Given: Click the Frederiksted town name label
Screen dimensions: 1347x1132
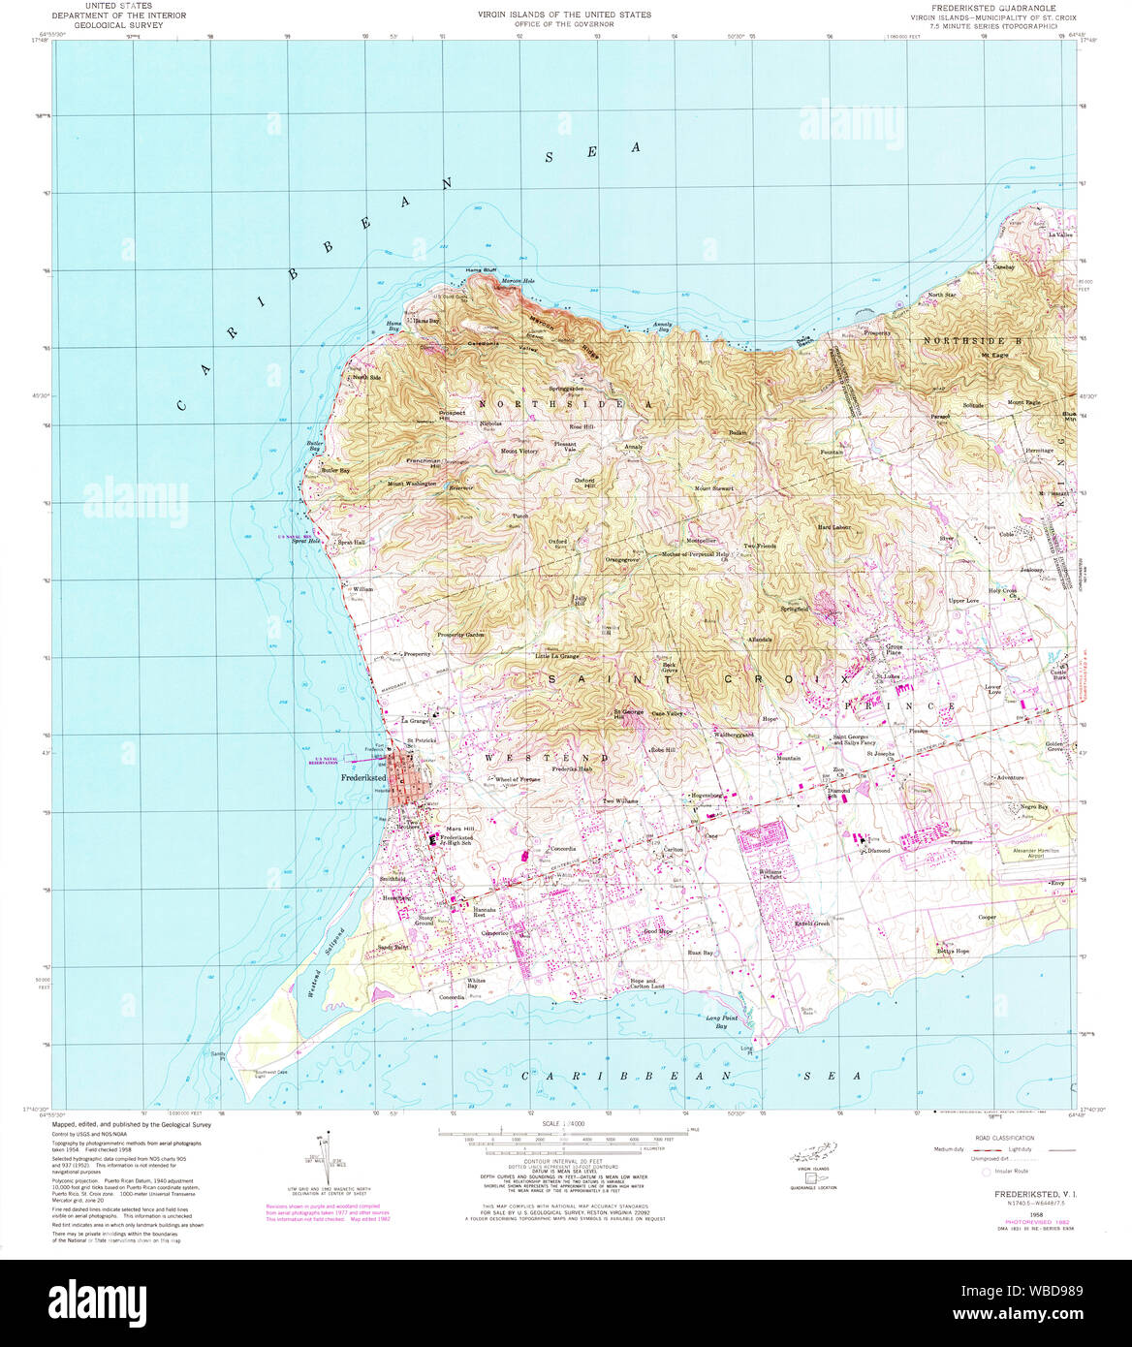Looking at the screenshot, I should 363,778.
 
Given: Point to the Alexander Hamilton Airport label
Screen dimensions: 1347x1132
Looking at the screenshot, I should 1036,853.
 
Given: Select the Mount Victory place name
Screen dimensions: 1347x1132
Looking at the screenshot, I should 519,452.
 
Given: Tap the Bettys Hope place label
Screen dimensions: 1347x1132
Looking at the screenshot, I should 953,952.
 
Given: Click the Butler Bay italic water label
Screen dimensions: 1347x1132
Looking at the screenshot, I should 314,449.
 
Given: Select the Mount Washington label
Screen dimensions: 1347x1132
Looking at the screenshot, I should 412,484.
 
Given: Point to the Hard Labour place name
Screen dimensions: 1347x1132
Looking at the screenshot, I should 833,527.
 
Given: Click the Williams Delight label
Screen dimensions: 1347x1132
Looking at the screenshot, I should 770,873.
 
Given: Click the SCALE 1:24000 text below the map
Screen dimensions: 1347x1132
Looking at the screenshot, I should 565,1123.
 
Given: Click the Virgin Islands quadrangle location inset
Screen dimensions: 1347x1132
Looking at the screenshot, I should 812,1158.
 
